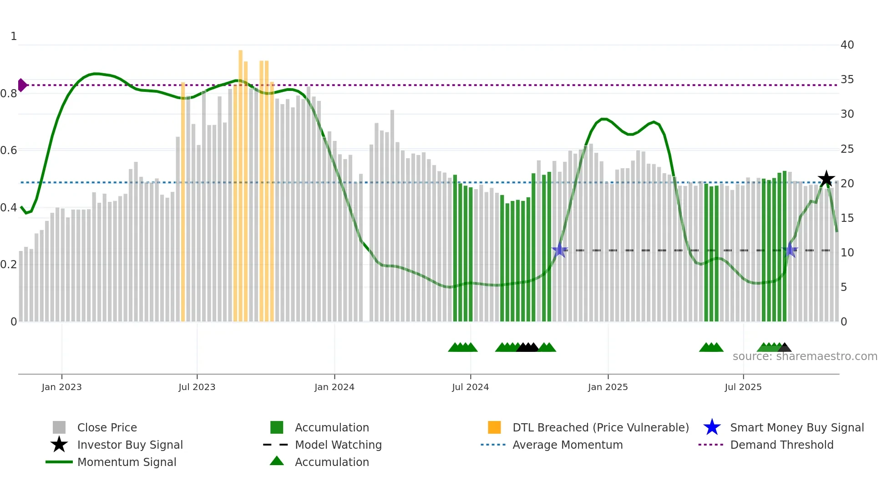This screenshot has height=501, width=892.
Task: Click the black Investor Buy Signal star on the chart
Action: click(826, 179)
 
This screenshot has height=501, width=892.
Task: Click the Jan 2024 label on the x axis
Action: click(334, 387)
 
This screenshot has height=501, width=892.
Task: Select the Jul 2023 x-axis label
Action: click(197, 387)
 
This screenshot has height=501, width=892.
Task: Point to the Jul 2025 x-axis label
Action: click(743, 387)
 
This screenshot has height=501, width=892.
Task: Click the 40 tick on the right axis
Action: click(847, 45)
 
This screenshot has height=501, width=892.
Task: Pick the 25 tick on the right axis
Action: click(847, 149)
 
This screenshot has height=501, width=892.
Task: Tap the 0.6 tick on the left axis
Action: click(9, 150)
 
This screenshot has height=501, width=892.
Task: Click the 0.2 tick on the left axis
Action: click(9, 265)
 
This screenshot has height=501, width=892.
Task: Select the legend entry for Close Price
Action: click(107, 427)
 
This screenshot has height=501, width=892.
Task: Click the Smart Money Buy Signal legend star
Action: click(712, 427)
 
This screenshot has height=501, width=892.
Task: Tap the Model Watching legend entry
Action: click(338, 445)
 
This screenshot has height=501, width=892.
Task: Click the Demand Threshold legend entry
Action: click(782, 445)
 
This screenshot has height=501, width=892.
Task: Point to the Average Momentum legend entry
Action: click(568, 445)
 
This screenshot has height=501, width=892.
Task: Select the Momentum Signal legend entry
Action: click(127, 462)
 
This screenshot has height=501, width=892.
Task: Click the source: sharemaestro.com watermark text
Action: click(805, 356)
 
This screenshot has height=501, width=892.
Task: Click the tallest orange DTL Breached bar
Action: click(240, 182)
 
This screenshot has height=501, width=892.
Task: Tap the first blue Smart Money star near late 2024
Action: click(559, 250)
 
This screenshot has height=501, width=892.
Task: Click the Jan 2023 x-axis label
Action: click(61, 387)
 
